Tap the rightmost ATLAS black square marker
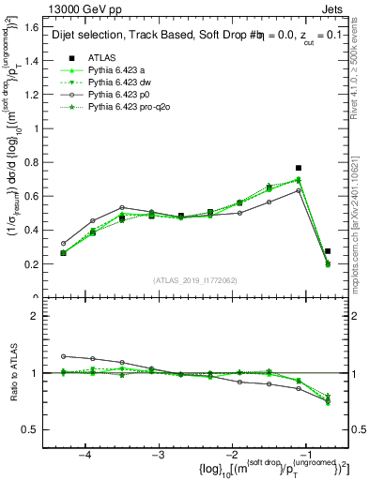(328, 251)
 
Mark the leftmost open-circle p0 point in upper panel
(64, 243)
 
